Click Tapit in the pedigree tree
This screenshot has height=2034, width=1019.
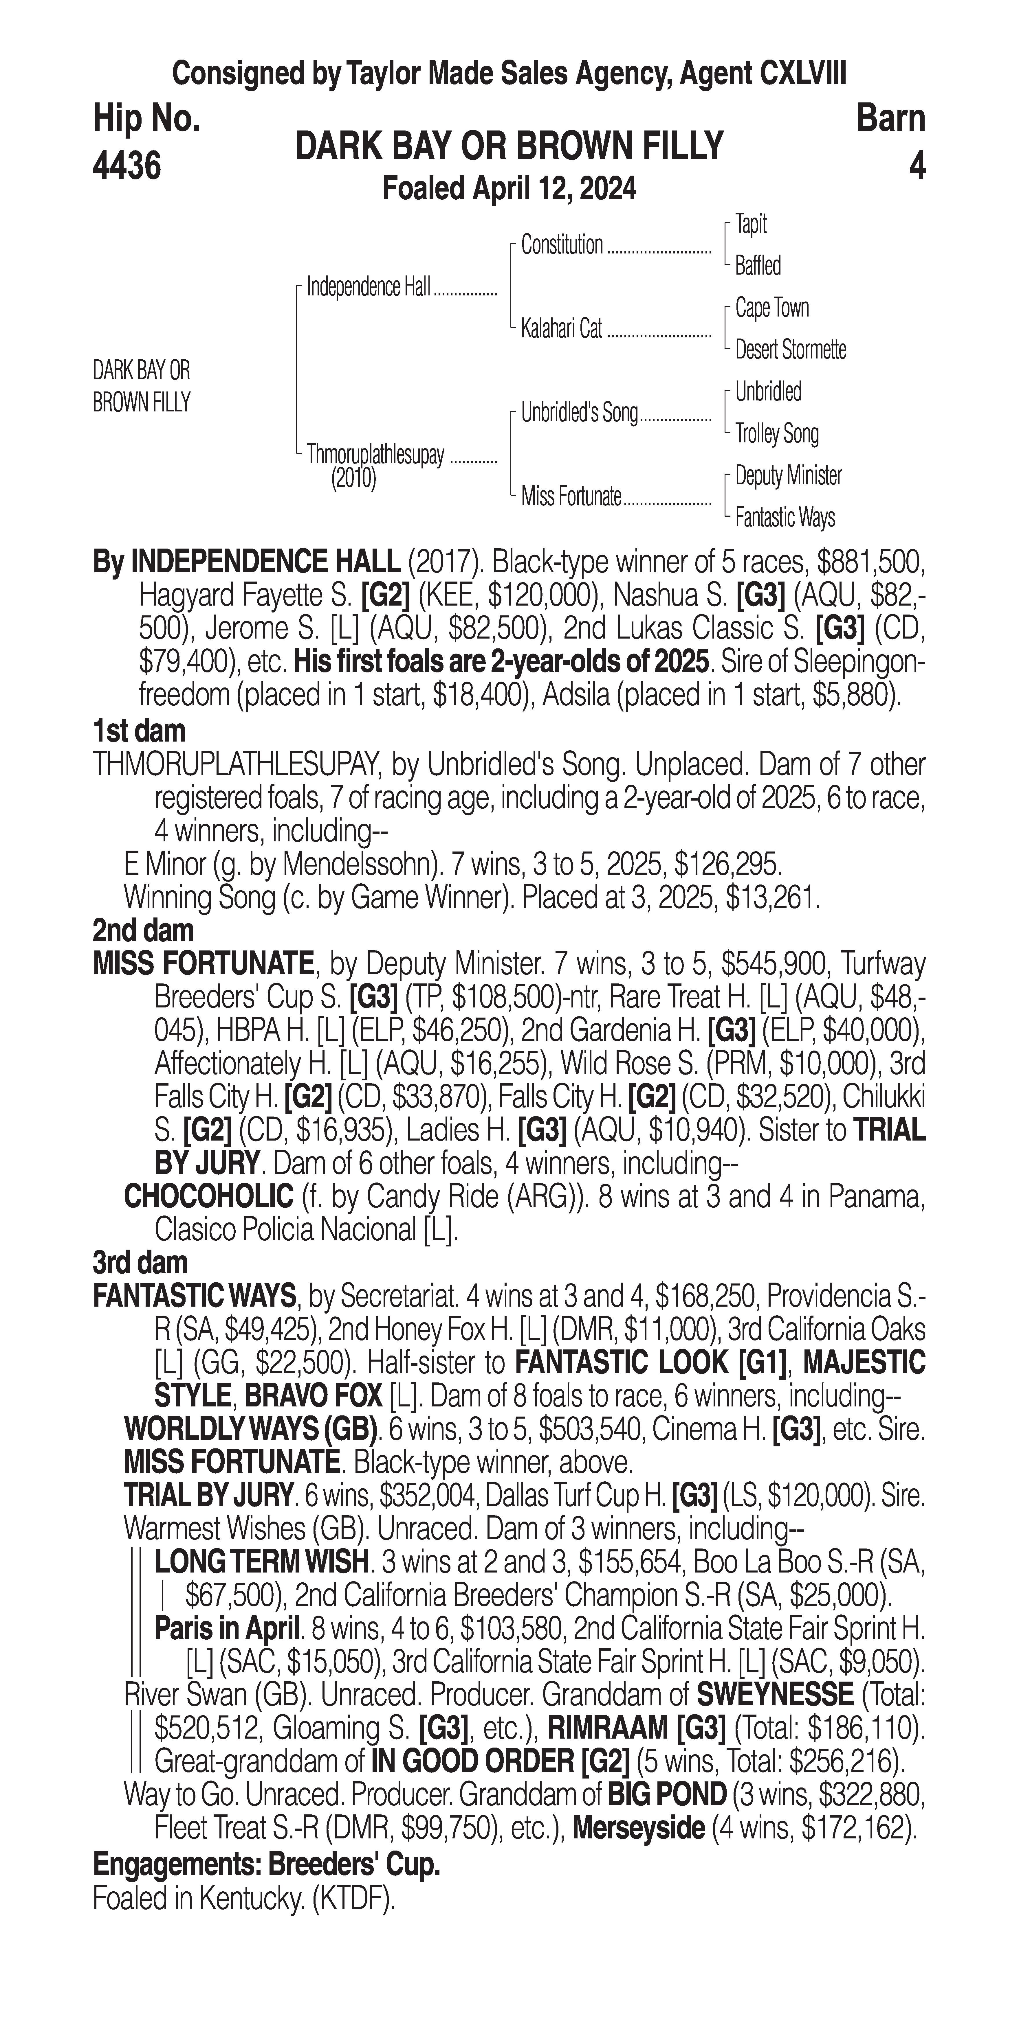coord(750,224)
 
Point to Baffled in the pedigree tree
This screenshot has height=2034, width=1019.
coord(758,266)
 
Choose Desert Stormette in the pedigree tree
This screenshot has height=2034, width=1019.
coord(790,350)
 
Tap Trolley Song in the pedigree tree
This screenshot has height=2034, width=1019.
coord(776,433)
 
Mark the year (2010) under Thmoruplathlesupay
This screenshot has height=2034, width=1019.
coord(353,479)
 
